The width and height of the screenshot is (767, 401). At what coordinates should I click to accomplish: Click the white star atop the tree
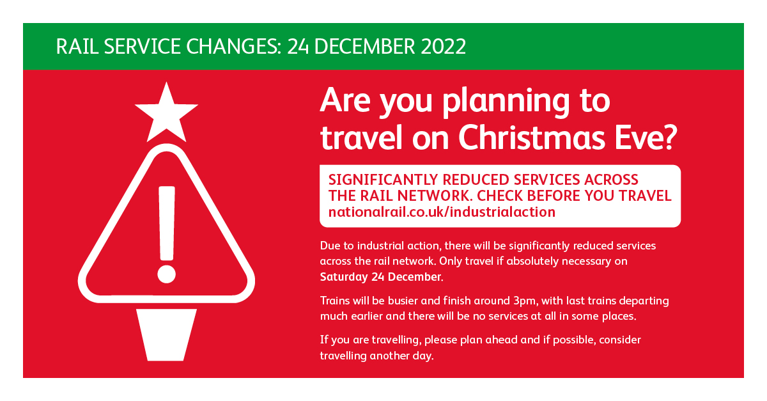[166, 114]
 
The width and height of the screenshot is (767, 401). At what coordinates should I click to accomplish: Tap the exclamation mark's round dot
[166, 274]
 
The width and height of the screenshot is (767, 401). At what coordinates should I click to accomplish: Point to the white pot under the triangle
[166, 335]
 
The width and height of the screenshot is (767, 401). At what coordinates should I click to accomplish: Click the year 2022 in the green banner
[443, 47]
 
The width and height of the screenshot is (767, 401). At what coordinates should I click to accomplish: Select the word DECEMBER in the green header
[364, 47]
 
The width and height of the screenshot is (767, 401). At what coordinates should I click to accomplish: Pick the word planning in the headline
[506, 102]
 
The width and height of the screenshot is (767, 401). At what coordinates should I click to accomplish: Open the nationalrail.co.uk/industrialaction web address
[442, 212]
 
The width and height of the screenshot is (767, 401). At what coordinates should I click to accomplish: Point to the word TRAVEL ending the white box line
[645, 196]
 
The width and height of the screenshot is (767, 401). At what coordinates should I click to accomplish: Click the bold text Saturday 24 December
[382, 276]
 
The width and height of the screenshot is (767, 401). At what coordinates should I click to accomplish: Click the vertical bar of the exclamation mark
[167, 223]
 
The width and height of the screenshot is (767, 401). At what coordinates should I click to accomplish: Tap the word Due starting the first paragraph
[330, 246]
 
